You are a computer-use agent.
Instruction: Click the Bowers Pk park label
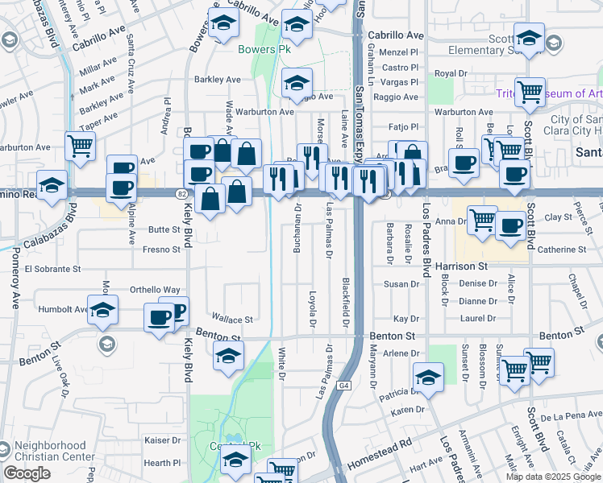[263, 49]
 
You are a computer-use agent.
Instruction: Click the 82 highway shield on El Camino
[181, 194]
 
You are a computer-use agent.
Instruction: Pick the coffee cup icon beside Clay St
[509, 225]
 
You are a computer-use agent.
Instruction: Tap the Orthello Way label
[155, 290]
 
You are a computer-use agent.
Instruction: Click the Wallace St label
[232, 320]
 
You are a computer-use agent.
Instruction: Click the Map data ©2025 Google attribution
[554, 477]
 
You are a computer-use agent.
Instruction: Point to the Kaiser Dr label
[163, 440]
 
